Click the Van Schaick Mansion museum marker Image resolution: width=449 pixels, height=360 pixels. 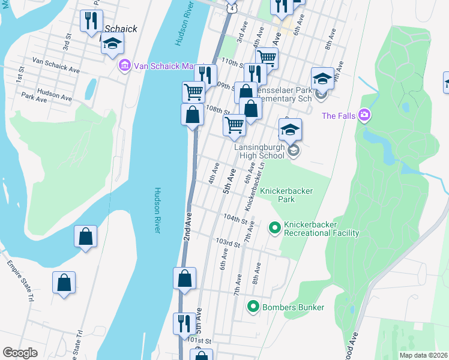(x=125, y=65)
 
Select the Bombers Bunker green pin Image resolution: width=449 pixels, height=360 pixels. (x=253, y=307)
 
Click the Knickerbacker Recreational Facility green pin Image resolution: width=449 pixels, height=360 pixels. (x=275, y=227)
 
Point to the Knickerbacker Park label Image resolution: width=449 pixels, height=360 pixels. (x=286, y=195)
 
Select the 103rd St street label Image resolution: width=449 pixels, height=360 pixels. (x=228, y=242)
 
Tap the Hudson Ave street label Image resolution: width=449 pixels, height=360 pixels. (x=54, y=93)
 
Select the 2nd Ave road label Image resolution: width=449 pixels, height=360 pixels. (x=187, y=226)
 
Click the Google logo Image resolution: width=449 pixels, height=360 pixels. (x=20, y=353)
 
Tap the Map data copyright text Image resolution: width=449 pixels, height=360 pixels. (x=423, y=355)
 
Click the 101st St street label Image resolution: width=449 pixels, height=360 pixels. (x=199, y=341)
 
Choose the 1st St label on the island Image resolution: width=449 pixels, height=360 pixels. (x=19, y=76)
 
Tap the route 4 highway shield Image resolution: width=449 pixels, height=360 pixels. (x=232, y=8)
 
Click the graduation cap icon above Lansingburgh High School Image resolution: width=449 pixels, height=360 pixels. (x=290, y=130)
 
